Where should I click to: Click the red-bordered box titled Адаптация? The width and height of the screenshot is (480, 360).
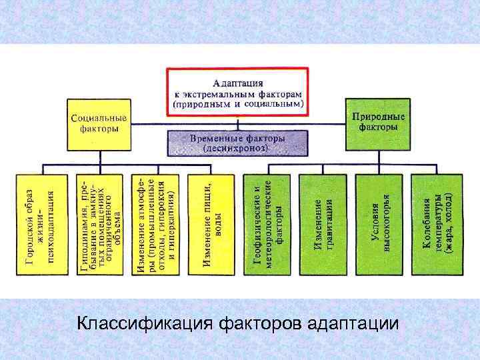pos(237,91)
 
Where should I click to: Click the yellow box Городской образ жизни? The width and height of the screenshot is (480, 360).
pos(42,224)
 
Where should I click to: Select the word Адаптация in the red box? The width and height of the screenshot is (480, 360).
pos(238,83)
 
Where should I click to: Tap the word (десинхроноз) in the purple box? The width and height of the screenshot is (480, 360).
pos(237,149)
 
